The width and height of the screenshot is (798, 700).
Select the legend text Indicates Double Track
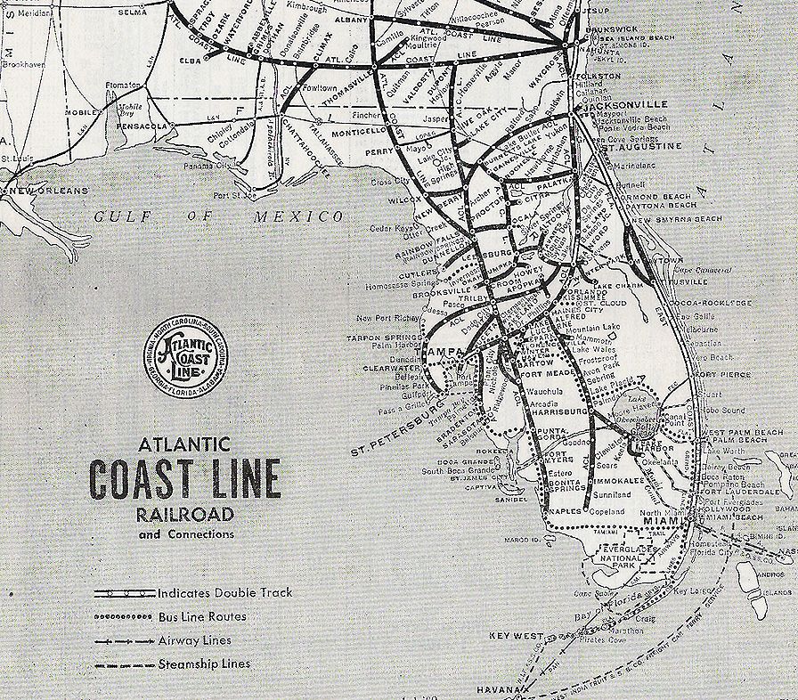point(224,592)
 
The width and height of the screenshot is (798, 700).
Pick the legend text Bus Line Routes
point(202,616)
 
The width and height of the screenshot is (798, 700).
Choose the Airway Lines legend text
point(194,640)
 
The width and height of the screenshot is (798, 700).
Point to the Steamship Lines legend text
point(203,664)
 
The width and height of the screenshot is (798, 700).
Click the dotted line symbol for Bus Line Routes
point(124,616)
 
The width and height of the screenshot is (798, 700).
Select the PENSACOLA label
point(142,127)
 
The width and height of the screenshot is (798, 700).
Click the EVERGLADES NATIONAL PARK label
point(627,555)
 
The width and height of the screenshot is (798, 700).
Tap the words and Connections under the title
point(186,534)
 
